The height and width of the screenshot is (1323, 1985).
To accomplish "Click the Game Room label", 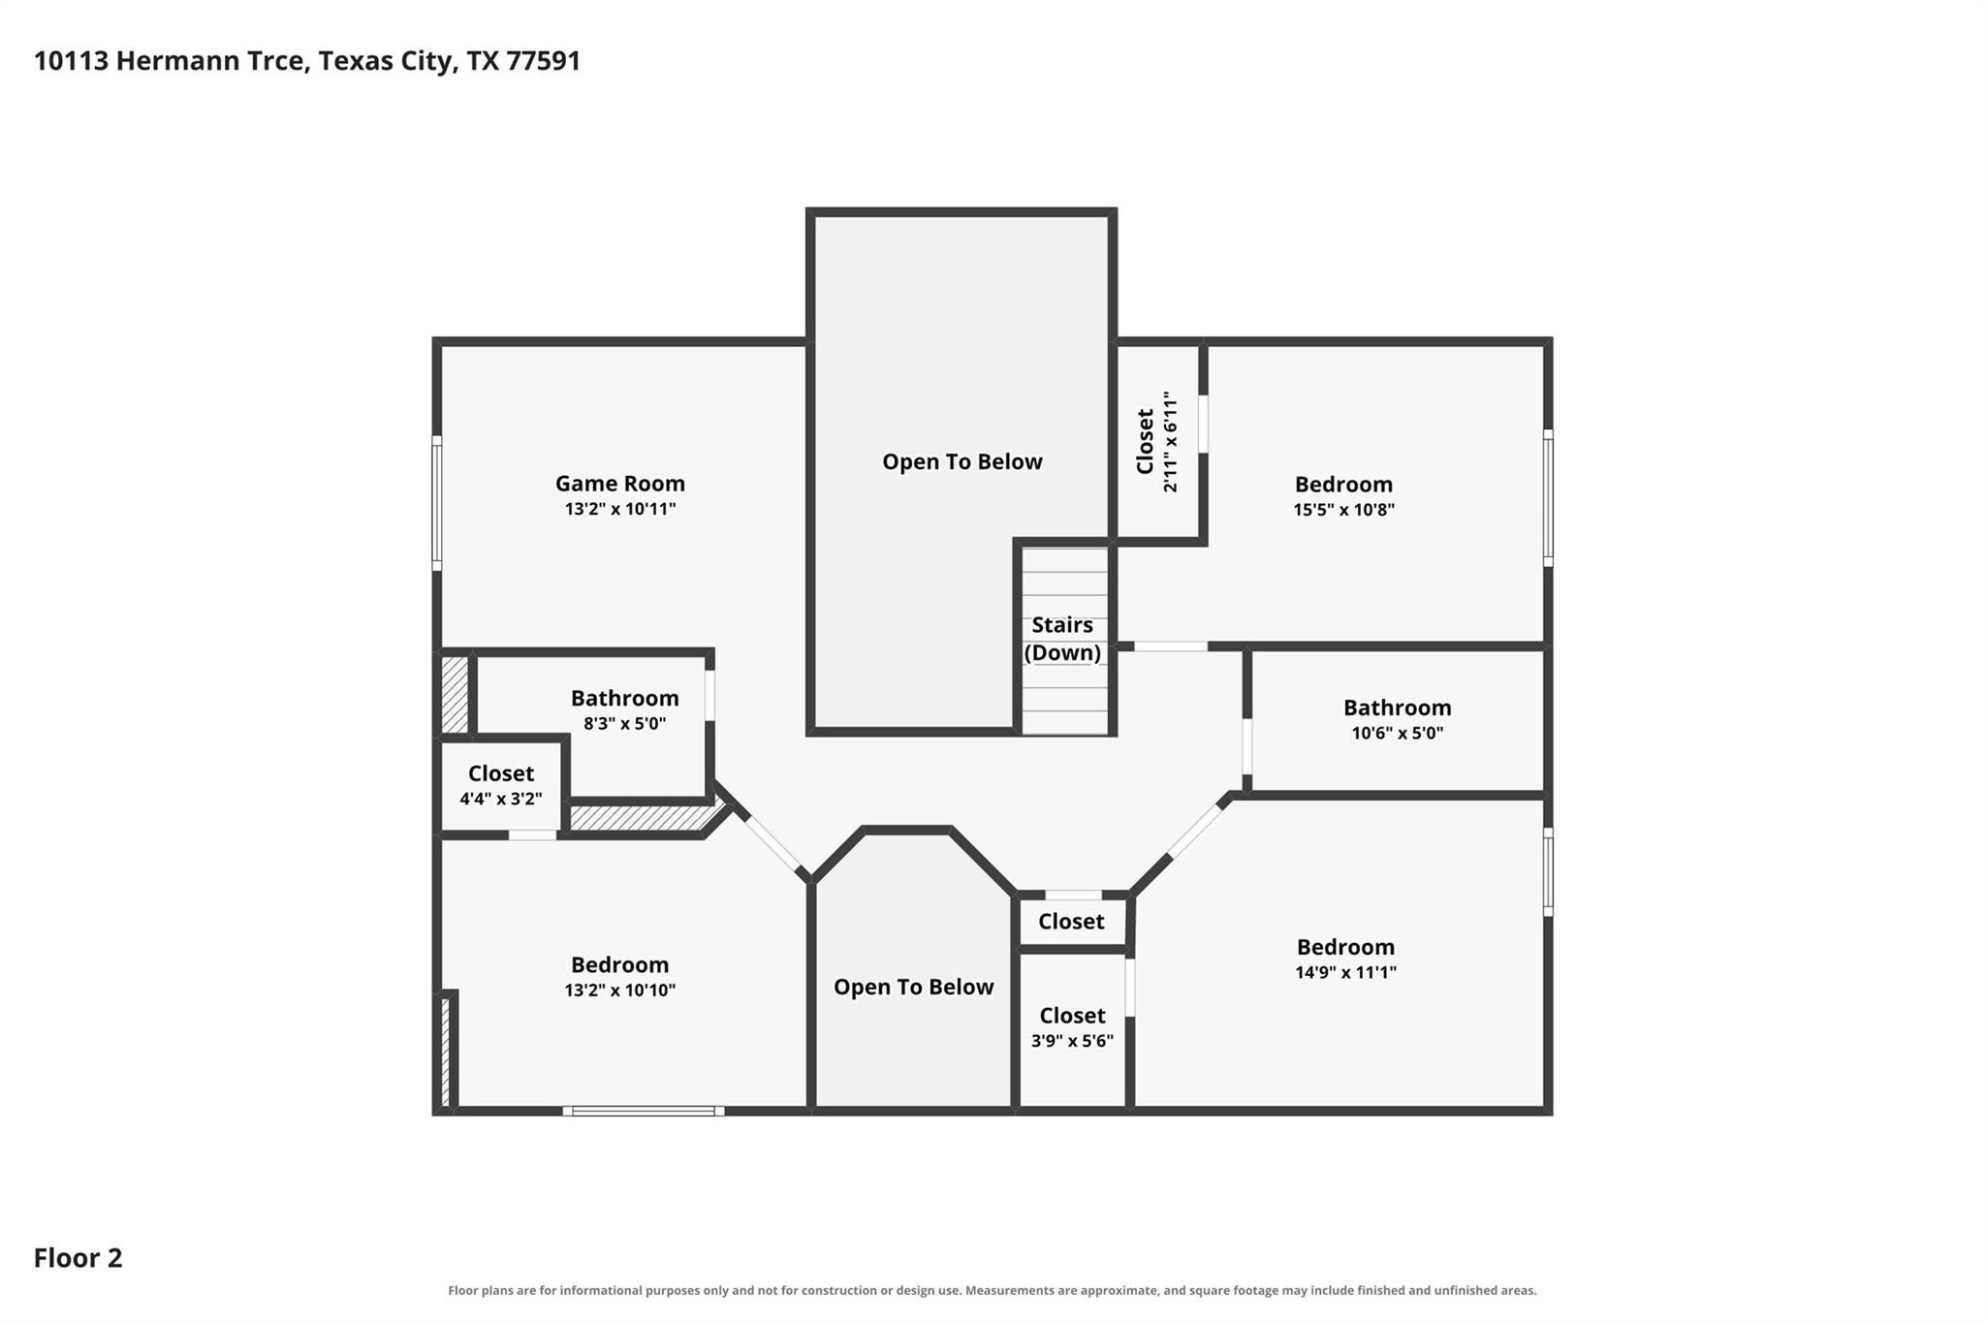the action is [619, 483].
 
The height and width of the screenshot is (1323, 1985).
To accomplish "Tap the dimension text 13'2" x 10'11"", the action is [619, 509].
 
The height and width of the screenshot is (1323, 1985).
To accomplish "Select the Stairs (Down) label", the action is [1062, 639].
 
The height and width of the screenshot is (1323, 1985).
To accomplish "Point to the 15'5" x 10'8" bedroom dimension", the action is [1343, 510].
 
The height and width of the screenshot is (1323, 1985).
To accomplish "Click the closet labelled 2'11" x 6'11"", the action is [1159, 442].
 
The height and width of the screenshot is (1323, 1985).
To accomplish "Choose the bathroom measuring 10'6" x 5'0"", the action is [1397, 720].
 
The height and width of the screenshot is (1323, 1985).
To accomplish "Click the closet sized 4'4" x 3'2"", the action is [500, 786].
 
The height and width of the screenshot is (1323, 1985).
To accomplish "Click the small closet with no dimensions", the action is [1072, 921].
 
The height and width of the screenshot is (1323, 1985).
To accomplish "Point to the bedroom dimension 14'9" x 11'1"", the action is [1345, 972].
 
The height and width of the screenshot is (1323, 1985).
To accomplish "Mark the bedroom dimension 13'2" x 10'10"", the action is [619, 991].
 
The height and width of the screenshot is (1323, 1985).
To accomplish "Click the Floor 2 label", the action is [79, 1258].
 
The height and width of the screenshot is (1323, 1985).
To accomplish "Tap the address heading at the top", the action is [307, 61].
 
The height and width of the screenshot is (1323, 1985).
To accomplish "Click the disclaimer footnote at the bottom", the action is [992, 1290].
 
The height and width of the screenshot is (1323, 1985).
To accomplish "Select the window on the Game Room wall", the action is [437, 503].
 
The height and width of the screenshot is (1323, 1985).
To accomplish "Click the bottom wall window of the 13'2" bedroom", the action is [644, 1111].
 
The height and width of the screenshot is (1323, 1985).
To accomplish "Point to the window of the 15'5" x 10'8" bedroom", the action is [1548, 498].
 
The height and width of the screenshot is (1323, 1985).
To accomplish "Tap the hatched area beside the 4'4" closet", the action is [455, 696].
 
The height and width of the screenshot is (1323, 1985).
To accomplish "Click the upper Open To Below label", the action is [962, 461].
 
